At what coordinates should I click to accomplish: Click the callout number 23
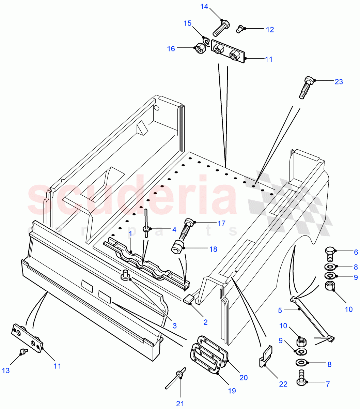(x=339, y=82)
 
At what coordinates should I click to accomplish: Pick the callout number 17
(x=221, y=224)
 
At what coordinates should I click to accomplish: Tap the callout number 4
(x=174, y=230)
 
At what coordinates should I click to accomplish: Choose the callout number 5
(x=280, y=310)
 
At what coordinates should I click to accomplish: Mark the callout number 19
(x=232, y=391)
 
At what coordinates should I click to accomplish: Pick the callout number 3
(x=174, y=326)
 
